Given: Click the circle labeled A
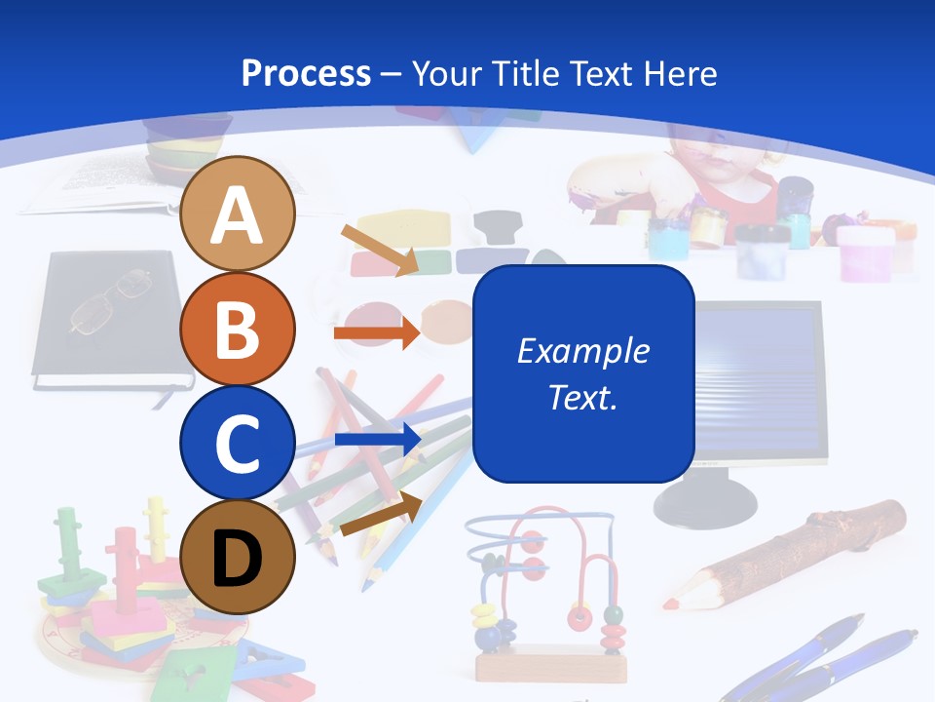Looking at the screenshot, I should click(x=238, y=214).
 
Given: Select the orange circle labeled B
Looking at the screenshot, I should click(x=238, y=329).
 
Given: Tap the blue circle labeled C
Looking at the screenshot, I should click(x=238, y=443).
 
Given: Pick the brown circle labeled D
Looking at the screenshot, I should click(x=238, y=557).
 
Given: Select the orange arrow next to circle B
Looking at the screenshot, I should click(x=376, y=333).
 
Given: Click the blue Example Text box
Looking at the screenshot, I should click(x=583, y=373).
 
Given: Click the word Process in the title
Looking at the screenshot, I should click(x=306, y=73).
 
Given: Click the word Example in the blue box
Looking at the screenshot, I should click(x=583, y=351).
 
